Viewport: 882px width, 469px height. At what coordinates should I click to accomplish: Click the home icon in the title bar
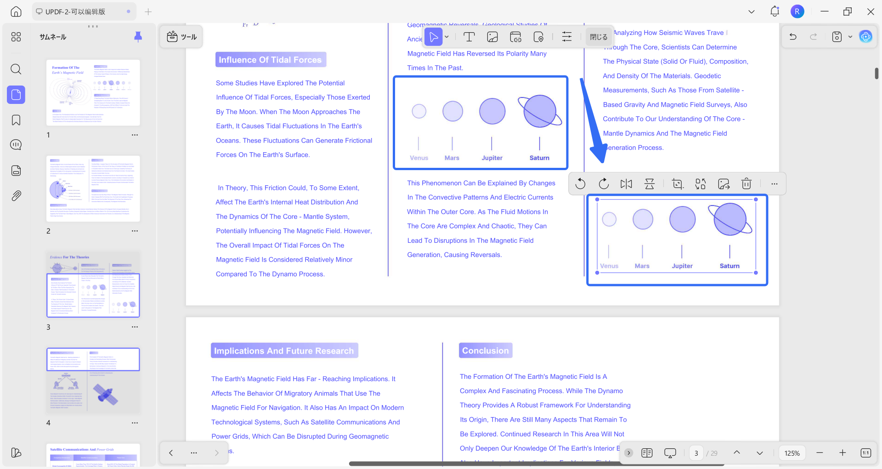(16, 11)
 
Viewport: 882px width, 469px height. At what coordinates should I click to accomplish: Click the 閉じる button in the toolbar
(599, 37)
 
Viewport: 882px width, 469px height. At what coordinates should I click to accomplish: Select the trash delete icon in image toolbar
(746, 184)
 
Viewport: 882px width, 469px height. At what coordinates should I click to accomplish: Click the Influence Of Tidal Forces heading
(270, 60)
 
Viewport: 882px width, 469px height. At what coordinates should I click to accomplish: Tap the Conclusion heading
(485, 350)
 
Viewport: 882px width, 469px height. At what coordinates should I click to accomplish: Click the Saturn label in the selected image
(729, 266)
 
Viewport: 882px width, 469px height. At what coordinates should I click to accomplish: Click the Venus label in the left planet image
(419, 158)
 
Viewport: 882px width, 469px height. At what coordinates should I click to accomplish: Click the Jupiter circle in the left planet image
(492, 111)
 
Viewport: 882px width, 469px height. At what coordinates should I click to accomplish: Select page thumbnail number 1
(93, 92)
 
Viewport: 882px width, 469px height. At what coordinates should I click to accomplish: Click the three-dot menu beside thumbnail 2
(135, 231)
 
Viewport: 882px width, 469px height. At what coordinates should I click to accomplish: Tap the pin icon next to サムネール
(138, 37)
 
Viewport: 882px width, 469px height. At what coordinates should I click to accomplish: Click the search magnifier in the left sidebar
(16, 69)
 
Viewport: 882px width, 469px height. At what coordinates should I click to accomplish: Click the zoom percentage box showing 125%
(792, 453)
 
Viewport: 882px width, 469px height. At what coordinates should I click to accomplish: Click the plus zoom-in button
(842, 453)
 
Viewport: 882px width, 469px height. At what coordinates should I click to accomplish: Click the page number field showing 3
(696, 453)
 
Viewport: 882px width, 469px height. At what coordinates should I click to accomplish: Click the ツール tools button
(182, 37)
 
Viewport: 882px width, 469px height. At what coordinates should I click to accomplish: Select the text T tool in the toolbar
(469, 37)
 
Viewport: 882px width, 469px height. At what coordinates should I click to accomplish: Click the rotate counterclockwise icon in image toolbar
(580, 184)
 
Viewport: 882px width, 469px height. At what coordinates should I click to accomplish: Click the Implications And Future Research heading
(284, 351)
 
